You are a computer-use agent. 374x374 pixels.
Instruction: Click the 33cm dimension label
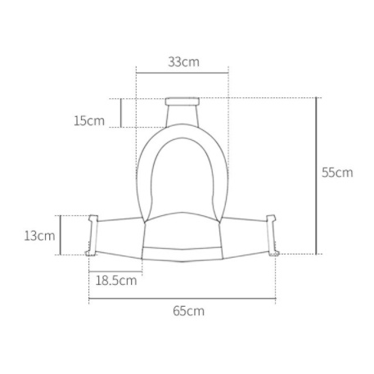tap(183, 62)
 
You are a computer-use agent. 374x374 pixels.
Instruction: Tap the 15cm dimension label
tap(89, 120)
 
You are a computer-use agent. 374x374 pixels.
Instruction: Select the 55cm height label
tap(337, 173)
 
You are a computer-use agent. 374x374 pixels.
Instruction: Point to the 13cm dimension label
tap(39, 236)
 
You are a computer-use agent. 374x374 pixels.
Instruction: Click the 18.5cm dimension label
tap(116, 280)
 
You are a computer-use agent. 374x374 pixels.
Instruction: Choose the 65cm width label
tap(188, 311)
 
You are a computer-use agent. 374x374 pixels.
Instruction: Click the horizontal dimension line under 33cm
tap(182, 73)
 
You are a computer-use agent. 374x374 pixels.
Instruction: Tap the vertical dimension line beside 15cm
tap(121, 113)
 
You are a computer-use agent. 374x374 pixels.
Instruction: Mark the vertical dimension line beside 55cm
tap(317, 176)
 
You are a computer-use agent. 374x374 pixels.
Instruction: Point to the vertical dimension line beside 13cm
tap(61, 235)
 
